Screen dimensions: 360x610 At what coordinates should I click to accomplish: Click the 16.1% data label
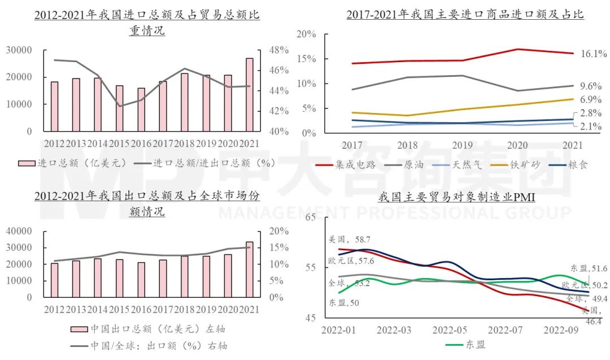coord(593,54)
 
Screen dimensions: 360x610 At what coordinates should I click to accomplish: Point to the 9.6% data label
coord(590,86)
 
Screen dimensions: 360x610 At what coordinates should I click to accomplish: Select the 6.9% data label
coord(590,99)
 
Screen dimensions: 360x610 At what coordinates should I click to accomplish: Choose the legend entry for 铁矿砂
coord(505,165)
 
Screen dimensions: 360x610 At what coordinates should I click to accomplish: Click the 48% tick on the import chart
coord(278,50)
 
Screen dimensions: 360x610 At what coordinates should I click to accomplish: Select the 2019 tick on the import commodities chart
coord(463,145)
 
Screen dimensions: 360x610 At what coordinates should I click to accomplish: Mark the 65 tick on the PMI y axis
coord(310,218)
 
